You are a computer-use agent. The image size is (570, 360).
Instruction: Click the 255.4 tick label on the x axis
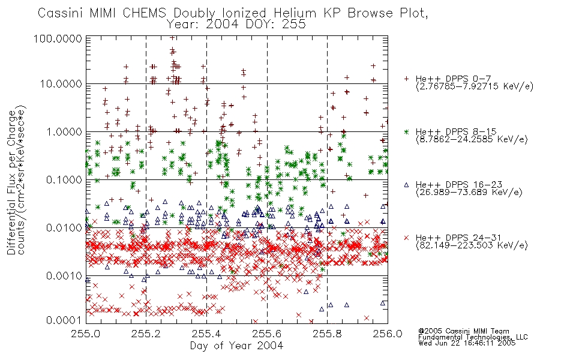pos(207,334)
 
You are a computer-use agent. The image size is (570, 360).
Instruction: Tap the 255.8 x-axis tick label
pos(327,334)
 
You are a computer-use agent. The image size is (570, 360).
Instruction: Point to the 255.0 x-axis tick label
pos(86,334)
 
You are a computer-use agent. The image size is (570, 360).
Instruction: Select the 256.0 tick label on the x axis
pos(388,334)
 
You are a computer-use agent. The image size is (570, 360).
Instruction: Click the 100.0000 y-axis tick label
pos(58,38)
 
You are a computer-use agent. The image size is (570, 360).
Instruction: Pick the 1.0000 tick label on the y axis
pos(64,131)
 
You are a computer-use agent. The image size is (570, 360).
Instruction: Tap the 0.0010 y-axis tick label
pos(64,275)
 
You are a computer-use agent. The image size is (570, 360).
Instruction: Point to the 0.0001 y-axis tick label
pos(64,320)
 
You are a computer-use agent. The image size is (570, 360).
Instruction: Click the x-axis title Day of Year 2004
pos(236,346)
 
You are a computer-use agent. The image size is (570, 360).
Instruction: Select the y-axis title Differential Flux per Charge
pos(11,182)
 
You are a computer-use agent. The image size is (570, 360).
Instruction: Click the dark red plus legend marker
pos(406,79)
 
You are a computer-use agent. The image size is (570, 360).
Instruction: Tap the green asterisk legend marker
pos(406,131)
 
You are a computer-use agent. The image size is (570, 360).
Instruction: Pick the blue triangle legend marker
pos(406,185)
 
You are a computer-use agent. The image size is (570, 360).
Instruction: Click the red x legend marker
pos(406,238)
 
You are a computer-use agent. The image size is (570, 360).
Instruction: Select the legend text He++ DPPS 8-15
pos(456,131)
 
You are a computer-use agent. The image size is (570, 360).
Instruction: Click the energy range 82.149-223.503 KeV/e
pos(472,245)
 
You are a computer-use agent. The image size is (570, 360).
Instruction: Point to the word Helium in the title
pos(295,13)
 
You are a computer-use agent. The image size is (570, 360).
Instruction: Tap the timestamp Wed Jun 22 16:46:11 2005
pos(467,343)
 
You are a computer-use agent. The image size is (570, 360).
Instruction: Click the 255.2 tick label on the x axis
pos(146,334)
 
